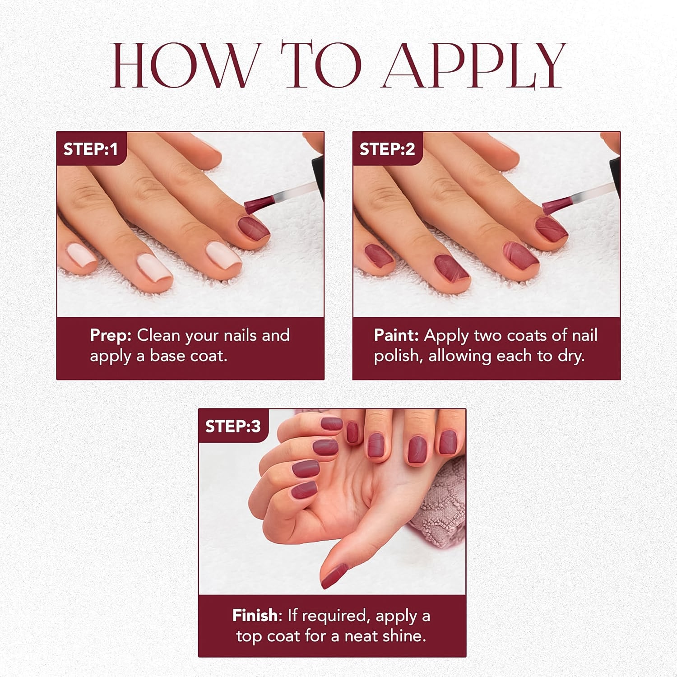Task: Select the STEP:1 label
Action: (90, 149)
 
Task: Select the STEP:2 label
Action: (387, 149)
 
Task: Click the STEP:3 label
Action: (233, 426)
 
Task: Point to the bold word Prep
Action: (111, 335)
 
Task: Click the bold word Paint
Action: (396, 335)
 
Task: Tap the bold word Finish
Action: (255, 615)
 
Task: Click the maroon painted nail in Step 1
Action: (253, 228)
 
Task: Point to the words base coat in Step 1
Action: (188, 356)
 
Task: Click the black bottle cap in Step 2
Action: (614, 172)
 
